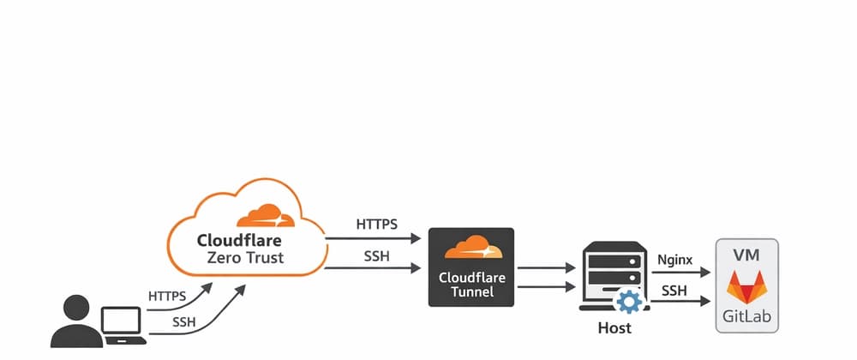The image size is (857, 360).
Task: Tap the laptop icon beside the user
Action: pos(123,327)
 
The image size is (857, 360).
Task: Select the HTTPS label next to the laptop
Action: pos(167,297)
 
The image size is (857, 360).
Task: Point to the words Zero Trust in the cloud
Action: pos(246,257)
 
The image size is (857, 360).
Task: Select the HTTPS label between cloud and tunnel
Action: pos(376,225)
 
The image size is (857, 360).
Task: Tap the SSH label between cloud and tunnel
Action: pos(377,255)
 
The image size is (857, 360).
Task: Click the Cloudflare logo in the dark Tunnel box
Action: pos(470,249)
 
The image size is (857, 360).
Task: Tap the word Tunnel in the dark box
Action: pos(470,293)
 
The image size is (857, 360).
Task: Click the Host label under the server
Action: pos(614,328)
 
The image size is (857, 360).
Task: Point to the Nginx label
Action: pos(674,258)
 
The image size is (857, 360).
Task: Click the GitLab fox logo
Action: pos(747,287)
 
